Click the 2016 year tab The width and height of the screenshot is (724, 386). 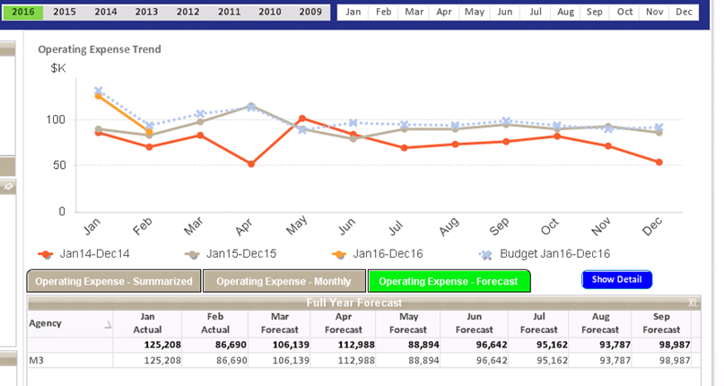[x=22, y=12]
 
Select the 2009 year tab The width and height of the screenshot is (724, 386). [x=310, y=12]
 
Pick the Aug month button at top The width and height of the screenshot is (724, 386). [x=565, y=12]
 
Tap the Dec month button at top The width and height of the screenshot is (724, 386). [x=684, y=12]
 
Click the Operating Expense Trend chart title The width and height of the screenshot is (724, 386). [x=100, y=49]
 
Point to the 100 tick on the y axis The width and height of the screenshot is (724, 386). [x=56, y=119]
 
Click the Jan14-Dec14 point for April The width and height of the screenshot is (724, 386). [x=251, y=164]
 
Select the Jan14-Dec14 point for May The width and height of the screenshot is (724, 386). [x=302, y=118]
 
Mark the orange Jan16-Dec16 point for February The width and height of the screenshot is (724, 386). [x=149, y=134]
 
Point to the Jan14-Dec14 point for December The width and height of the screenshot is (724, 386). [x=659, y=162]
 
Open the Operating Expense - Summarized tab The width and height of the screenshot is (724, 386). [x=114, y=281]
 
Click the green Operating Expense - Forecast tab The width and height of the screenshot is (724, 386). [x=449, y=281]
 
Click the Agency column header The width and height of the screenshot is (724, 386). [x=46, y=323]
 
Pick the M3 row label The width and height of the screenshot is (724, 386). [x=37, y=360]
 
